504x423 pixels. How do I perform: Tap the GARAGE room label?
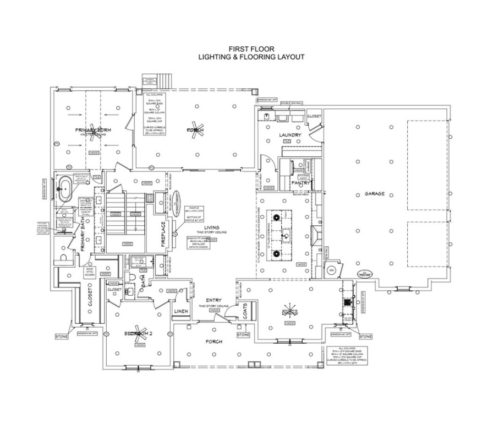pos(374,194)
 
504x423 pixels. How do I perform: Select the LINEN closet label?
pos(181,312)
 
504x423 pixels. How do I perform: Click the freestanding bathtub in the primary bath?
pos(65,187)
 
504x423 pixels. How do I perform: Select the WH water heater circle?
pos(331,270)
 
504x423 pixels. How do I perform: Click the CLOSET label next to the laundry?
pos(314,117)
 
